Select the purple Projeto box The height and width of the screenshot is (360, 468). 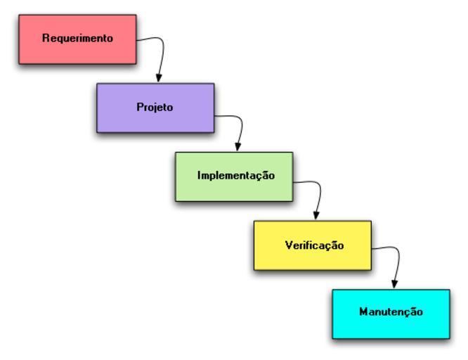coord(155,120)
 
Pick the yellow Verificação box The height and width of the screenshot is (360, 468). coord(312,257)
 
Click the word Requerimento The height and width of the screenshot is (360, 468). coord(77,39)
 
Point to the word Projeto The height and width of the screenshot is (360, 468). coord(155,108)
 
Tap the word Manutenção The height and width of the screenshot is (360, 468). coord(391,311)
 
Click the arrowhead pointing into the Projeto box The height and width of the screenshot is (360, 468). coord(159,78)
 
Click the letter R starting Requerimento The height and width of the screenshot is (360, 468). coord(46,39)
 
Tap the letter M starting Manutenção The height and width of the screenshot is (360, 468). coord(363,311)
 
